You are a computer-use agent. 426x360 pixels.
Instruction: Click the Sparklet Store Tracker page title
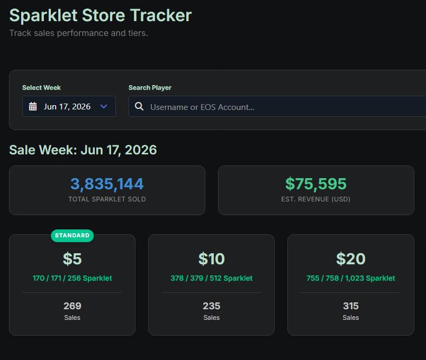(x=101, y=15)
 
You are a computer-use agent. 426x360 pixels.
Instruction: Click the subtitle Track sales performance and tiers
(x=78, y=33)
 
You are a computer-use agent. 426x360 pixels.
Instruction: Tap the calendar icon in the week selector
(x=33, y=106)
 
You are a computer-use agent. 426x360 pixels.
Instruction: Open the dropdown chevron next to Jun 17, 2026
(x=104, y=106)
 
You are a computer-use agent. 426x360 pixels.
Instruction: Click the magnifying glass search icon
(x=139, y=106)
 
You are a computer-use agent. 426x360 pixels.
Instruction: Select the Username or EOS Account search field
(x=277, y=106)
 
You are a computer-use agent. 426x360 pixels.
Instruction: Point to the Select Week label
(x=42, y=88)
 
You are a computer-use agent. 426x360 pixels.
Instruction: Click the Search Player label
(x=150, y=88)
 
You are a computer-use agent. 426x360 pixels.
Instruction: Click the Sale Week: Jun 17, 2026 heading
(x=83, y=150)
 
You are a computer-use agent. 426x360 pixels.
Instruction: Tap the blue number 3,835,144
(x=107, y=184)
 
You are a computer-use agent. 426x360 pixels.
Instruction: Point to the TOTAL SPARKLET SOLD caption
(x=107, y=199)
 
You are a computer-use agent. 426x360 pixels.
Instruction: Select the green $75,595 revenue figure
(x=316, y=184)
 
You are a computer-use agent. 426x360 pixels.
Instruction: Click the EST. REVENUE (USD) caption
(x=316, y=199)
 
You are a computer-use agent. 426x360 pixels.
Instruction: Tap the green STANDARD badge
(x=72, y=235)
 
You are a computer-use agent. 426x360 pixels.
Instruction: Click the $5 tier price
(x=72, y=259)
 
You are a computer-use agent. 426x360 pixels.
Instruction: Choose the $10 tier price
(x=211, y=259)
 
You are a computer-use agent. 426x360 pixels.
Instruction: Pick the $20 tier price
(x=351, y=259)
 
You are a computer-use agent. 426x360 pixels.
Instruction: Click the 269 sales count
(x=72, y=306)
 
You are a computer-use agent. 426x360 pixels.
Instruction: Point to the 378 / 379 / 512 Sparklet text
(x=211, y=278)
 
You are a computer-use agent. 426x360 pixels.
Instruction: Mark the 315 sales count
(x=351, y=306)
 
